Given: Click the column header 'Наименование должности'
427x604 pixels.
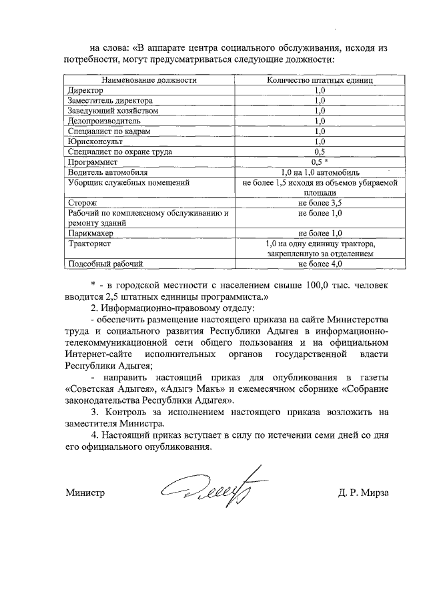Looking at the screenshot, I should tap(149, 79).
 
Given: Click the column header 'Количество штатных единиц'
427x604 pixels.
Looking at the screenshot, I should tap(319, 79).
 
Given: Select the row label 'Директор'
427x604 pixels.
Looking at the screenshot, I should tap(85, 89).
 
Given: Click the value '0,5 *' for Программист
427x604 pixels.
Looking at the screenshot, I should tap(320, 162).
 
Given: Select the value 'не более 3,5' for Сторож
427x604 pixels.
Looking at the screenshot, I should tap(320, 202).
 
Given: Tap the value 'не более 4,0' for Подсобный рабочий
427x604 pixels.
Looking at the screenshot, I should tap(320, 264).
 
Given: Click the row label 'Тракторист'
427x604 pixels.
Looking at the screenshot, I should tap(89, 244).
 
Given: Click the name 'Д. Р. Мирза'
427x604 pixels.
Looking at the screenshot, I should tap(363, 494).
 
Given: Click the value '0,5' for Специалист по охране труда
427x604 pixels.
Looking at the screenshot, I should tap(319, 152).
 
